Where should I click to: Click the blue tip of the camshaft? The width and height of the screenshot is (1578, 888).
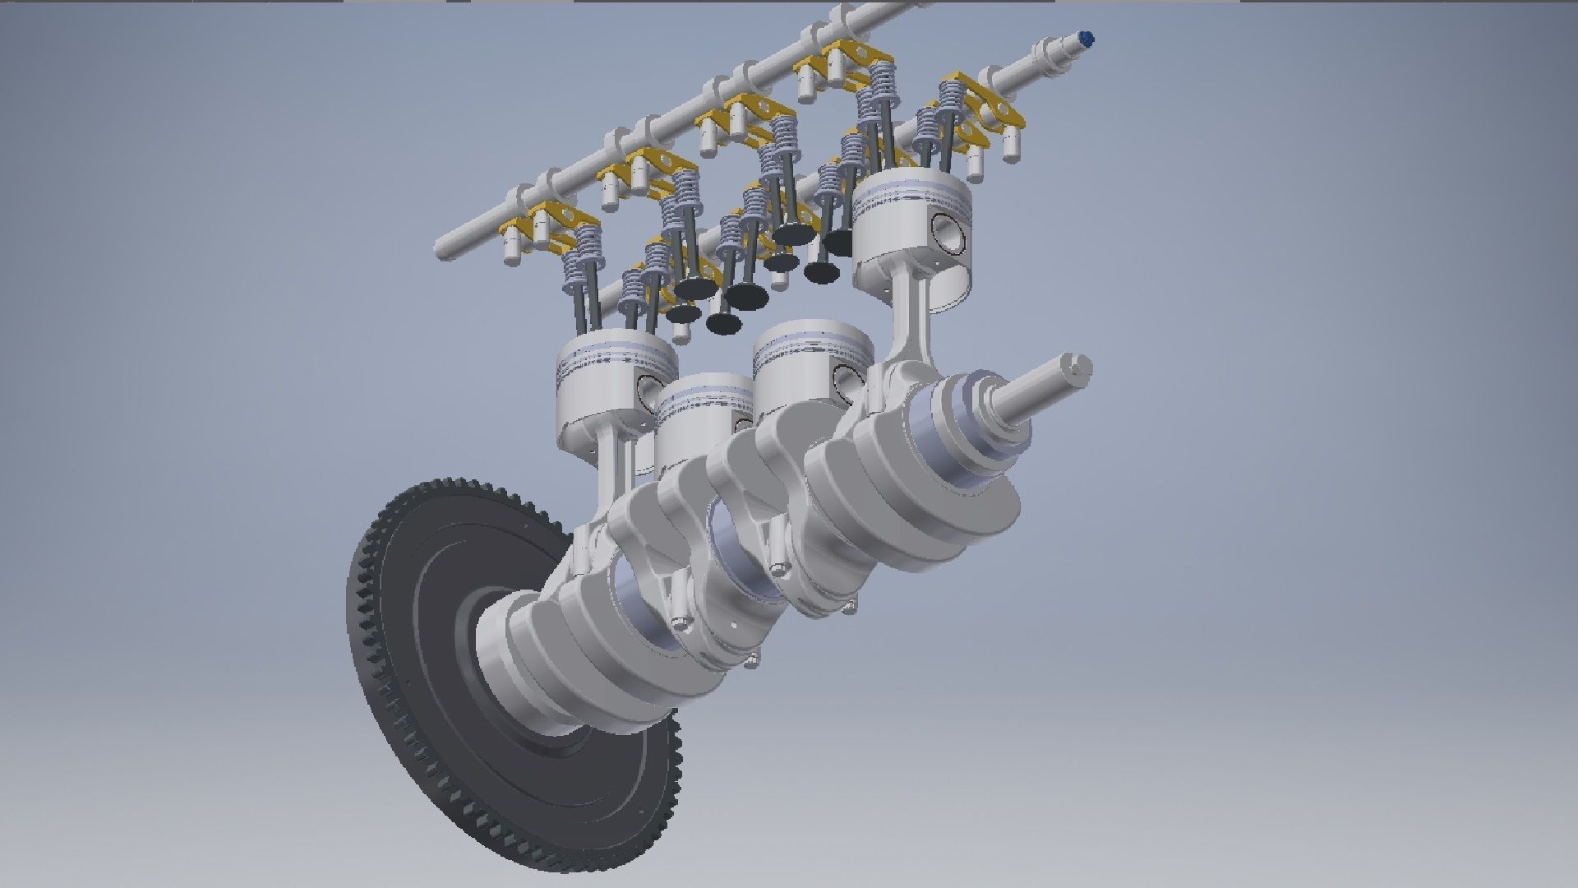[1087, 37]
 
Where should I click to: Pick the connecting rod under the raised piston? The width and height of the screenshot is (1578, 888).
[912, 321]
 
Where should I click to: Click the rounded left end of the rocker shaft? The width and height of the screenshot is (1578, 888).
[444, 247]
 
